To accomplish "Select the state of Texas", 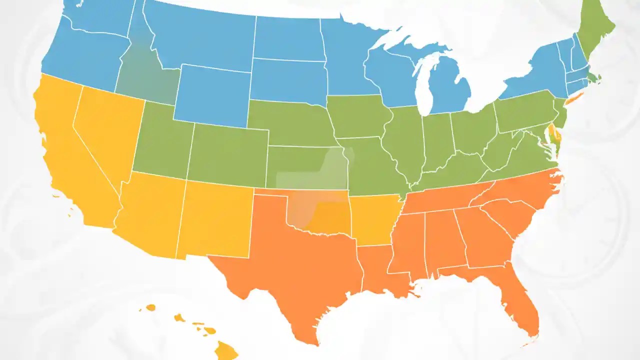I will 290,265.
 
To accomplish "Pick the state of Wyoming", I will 212,95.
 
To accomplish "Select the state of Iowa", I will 357,117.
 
